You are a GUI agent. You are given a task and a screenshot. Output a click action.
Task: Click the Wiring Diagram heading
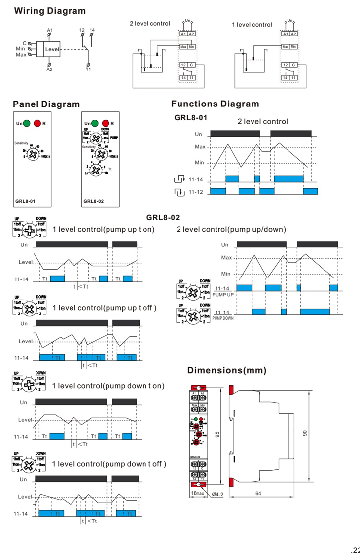pos(49,11)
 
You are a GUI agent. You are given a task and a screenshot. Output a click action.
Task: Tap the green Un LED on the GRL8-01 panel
pos(27,123)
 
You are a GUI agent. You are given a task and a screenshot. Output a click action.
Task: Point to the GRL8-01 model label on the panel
pos(25,201)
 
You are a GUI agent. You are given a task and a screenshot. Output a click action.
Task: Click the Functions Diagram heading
pos(215,104)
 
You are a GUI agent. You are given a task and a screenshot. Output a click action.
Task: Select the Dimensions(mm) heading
pos(227,370)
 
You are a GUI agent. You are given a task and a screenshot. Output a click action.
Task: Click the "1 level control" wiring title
pos(252,24)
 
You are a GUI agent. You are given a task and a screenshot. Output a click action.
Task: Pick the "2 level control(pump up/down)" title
pos(231,229)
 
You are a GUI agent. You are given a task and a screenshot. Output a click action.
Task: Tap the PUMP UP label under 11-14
pos(223,294)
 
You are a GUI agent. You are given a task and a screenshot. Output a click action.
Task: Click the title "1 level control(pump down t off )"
pos(109,464)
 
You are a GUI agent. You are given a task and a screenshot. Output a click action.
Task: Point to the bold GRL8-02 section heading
pos(163,217)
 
